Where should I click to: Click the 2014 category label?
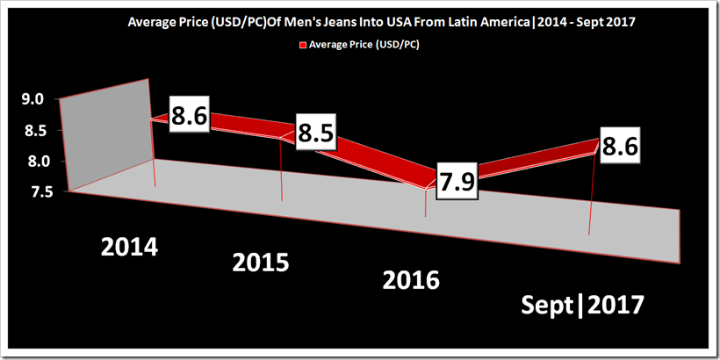(x=129, y=247)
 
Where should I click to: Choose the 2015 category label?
(x=261, y=263)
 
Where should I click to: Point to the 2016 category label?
(x=412, y=281)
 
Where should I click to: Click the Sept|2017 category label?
(x=583, y=306)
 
